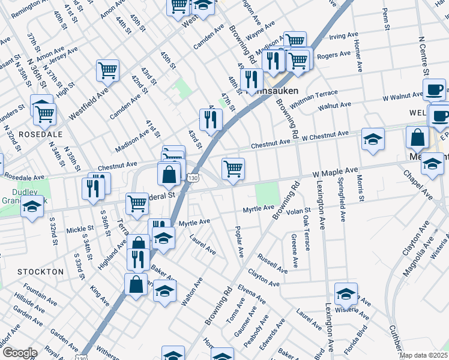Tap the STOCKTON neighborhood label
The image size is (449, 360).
pyautogui.click(x=40, y=272)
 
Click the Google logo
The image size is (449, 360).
pyautogui.click(x=20, y=352)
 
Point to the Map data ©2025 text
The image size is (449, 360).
pyautogui.click(x=423, y=355)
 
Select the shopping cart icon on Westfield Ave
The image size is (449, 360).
pyautogui.click(x=107, y=70)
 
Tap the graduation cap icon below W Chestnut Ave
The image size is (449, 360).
pyautogui.click(x=373, y=140)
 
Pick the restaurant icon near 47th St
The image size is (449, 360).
pyautogui.click(x=211, y=120)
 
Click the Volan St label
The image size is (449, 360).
pyautogui.click(x=298, y=211)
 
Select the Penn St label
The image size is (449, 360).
pyautogui.click(x=386, y=20)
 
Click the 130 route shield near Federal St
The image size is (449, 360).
pyautogui.click(x=192, y=179)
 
